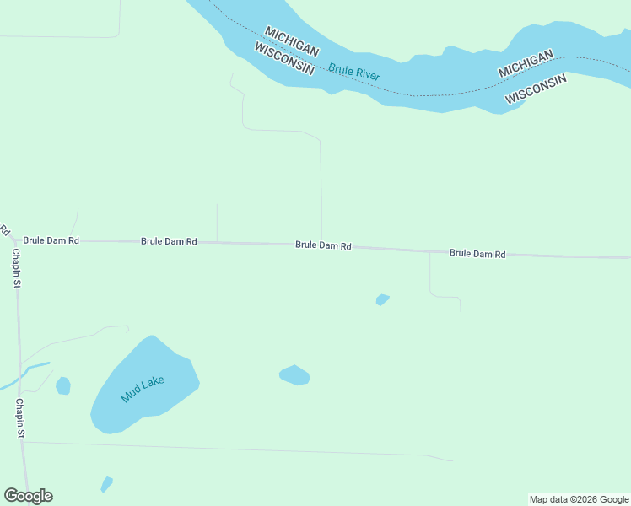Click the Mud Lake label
pos(142,389)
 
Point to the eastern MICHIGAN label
pos(526,64)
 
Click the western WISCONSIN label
pos(284,59)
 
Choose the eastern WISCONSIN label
pos(536,89)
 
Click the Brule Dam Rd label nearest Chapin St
pos(51,240)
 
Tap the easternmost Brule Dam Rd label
pos(477,253)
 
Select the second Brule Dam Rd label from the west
pos(169,241)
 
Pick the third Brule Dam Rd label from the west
pos(323,245)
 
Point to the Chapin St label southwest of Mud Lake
pos(19,418)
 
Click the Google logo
pos(28,496)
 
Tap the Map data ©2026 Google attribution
pos(580,499)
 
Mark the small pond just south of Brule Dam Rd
pos(382,299)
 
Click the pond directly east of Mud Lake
pos(294,375)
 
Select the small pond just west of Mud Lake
pos(62,385)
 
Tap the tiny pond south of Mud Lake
pos(106,484)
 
